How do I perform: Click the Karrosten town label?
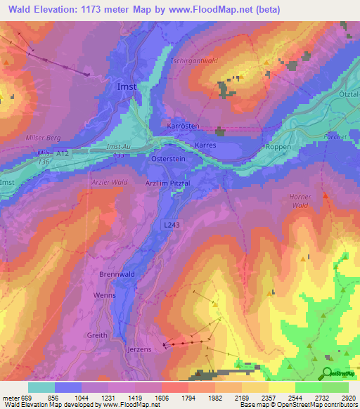184,126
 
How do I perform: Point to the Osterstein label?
168,160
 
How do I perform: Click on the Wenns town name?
104,296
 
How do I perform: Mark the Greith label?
97,335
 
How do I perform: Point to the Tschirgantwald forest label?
195,61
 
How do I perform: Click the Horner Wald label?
300,201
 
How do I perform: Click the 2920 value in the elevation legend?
346,398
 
